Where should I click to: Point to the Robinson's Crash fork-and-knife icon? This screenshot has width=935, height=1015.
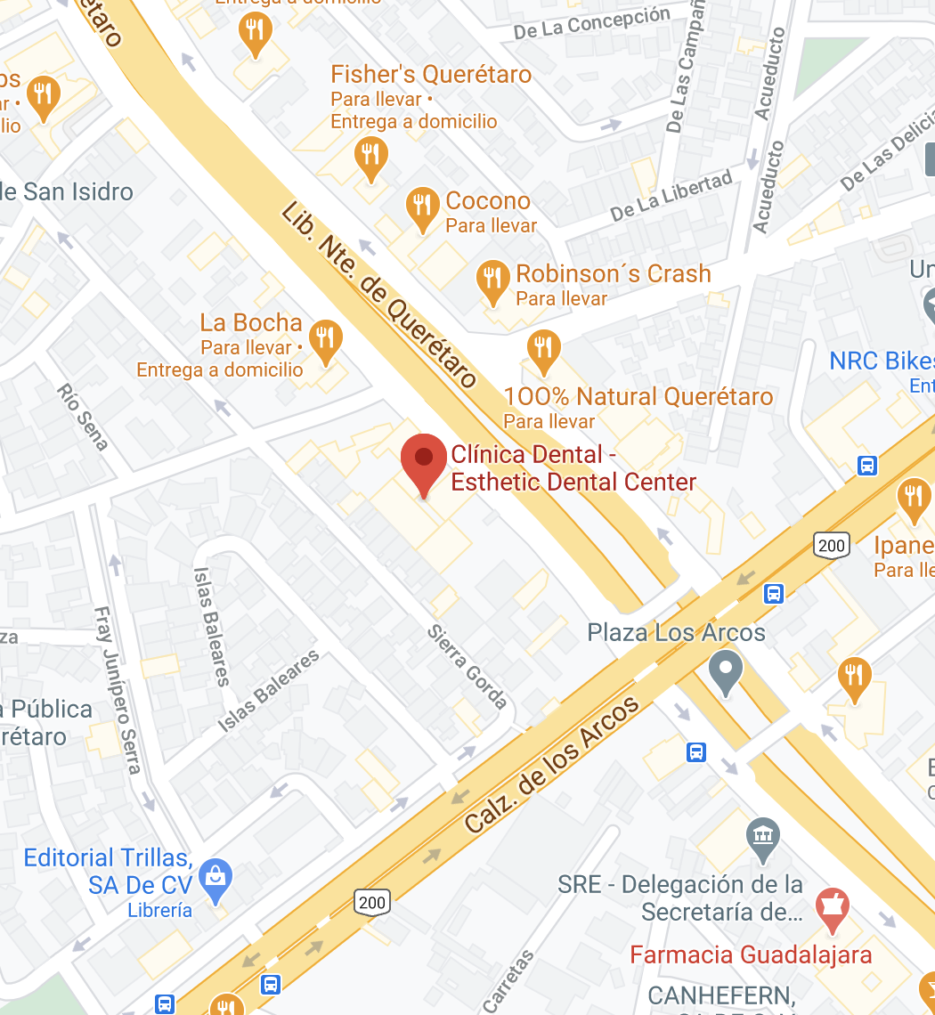(492, 280)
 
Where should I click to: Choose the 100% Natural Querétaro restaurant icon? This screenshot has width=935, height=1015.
(542, 348)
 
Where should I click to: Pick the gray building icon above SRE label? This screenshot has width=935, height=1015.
(763, 837)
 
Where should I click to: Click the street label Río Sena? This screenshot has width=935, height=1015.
(82, 417)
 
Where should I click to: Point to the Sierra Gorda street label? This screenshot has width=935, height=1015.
(467, 667)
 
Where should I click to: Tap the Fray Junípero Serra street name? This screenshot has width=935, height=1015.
(118, 690)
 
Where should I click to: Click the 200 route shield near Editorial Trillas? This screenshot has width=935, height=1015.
(371, 902)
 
